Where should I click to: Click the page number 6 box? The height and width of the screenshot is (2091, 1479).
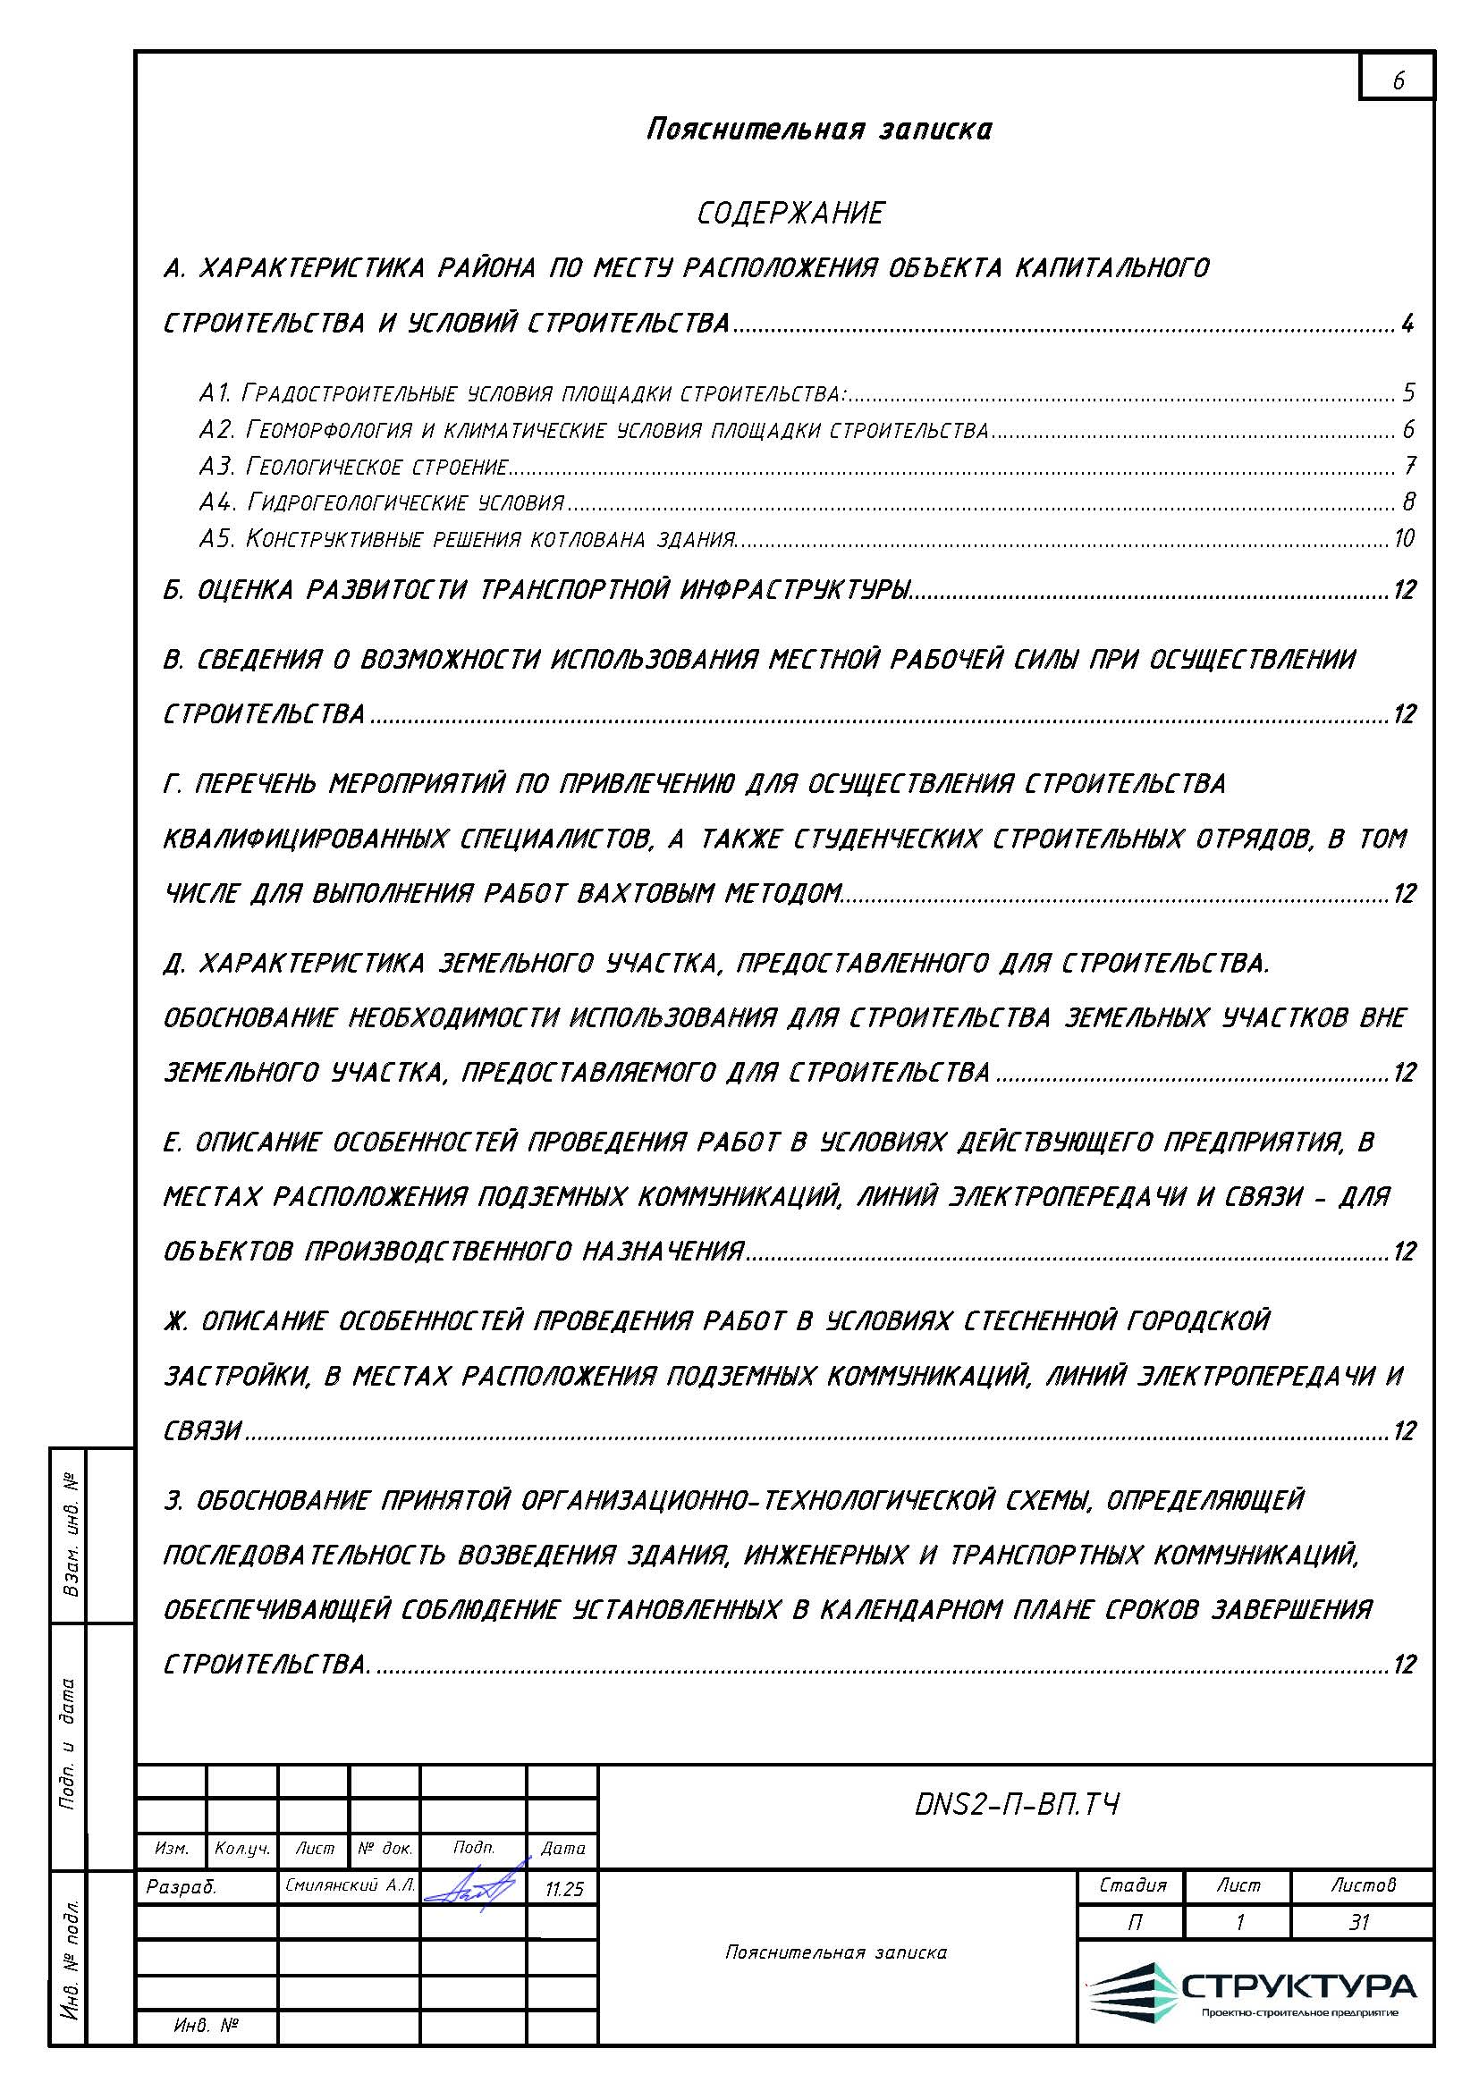tap(1397, 80)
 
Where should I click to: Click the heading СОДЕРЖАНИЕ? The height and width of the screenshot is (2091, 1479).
tap(790, 214)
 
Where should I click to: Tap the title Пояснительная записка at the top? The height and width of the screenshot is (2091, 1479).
tap(819, 130)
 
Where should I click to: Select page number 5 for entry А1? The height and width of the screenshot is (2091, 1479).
tap(1408, 392)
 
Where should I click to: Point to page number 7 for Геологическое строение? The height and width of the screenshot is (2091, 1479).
tap(1409, 466)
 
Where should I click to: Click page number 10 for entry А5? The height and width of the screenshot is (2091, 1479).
tap(1403, 538)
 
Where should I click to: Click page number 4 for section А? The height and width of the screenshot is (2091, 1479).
tap(1408, 324)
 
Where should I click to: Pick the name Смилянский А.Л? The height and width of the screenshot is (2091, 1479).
tap(350, 1886)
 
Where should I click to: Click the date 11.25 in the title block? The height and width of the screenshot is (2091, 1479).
tap(563, 1889)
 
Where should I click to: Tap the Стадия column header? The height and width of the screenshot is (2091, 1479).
tap(1132, 1884)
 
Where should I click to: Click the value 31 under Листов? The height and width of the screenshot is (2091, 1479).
tap(1360, 1922)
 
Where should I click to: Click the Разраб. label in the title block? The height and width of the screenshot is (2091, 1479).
tap(182, 1887)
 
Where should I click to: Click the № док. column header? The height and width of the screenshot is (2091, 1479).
tap(385, 1849)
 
